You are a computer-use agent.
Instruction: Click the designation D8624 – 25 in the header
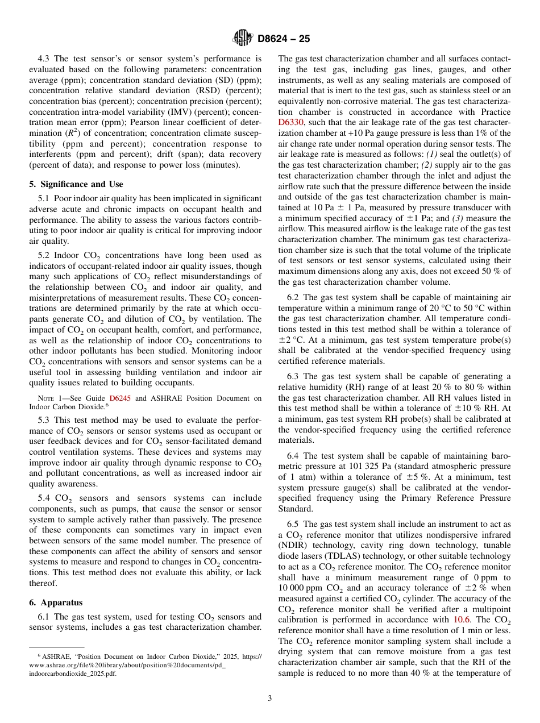[284, 39]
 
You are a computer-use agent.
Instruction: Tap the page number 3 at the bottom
[269, 698]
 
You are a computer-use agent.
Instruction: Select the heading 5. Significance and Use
[76, 184]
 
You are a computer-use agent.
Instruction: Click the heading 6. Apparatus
[56, 602]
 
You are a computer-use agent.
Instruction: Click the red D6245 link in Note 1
[120, 398]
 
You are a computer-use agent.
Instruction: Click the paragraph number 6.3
[294, 377]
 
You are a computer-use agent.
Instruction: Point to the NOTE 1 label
[48, 398]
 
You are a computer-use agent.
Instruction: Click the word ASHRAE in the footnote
[57, 656]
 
